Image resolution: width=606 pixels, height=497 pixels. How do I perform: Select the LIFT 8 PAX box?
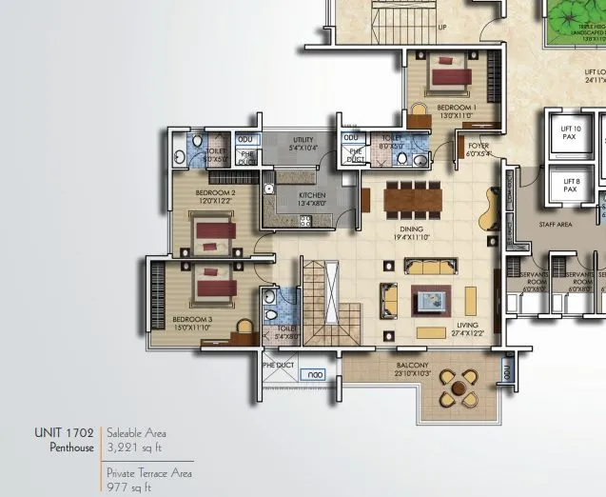[570, 185]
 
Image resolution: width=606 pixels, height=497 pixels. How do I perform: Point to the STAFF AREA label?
[555, 225]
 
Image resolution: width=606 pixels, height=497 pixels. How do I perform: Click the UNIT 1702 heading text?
[64, 431]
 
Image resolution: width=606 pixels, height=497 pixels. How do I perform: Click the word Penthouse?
[71, 446]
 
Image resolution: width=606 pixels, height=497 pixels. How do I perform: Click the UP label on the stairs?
[441, 28]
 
